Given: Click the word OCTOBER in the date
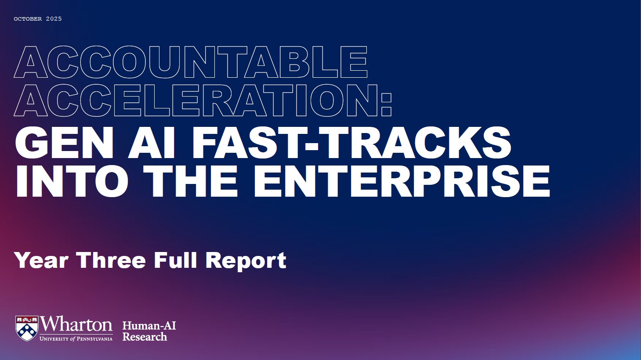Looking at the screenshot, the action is [28, 19].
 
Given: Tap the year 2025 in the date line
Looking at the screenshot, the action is [54, 19].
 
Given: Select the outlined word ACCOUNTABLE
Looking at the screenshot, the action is [191, 62].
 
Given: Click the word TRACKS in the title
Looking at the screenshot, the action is [415, 143].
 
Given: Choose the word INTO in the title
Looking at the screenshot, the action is [72, 181].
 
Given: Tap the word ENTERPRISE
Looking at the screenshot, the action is [402, 181].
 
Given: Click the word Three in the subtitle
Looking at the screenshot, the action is [112, 260].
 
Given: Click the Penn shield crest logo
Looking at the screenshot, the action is [27, 328].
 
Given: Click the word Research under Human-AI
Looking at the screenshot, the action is [145, 337].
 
